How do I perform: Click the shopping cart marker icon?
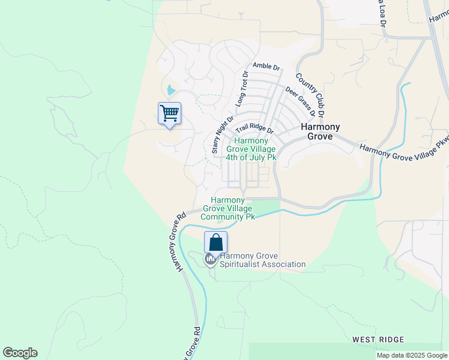coord(169,113)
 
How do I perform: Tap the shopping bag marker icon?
coord(216,242)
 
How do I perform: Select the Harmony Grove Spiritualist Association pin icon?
coord(210,259)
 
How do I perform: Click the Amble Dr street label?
coord(267,67)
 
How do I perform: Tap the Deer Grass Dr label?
coord(300,100)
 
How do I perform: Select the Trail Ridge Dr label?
coord(255,129)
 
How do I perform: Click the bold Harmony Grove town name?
coord(320,131)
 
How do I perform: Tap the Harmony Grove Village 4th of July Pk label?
coord(251,149)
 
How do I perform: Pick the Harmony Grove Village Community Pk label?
coord(228,208)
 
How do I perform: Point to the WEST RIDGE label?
coord(378,340)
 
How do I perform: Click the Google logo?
coord(20,353)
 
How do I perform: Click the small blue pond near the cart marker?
coord(172,91)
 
